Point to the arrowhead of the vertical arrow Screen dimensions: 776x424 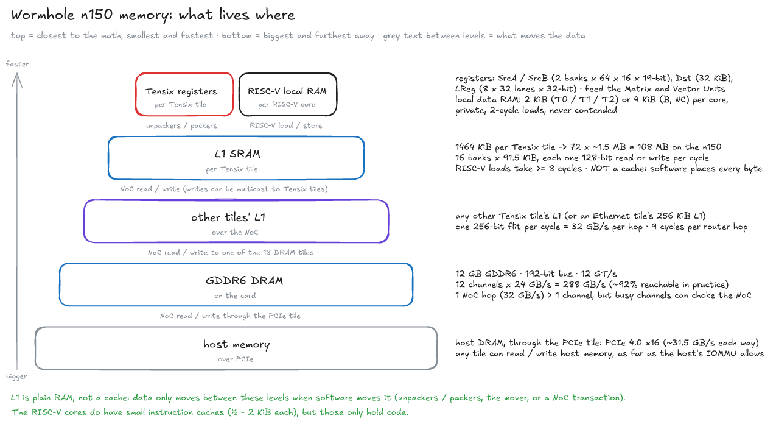(17, 74)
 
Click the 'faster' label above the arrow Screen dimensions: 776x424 (17, 64)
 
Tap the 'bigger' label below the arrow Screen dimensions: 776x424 (16, 376)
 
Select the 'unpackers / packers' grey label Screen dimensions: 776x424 (181, 125)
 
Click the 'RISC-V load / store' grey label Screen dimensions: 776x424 (286, 125)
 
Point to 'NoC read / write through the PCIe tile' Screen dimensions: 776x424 (230, 316)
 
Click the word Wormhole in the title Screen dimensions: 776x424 (43, 15)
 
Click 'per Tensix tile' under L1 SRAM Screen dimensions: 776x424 (232, 169)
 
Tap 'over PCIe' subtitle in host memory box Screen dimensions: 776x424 (236, 359)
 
